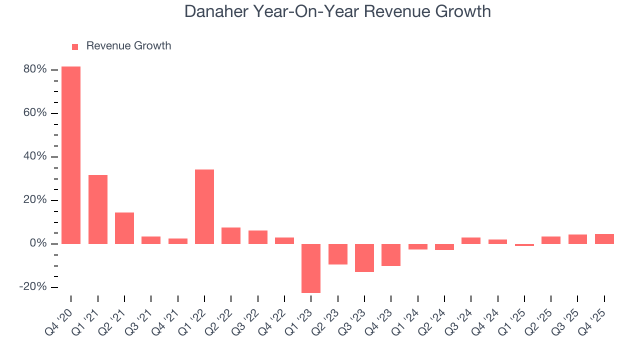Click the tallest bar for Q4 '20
click(71, 155)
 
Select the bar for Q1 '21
click(98, 209)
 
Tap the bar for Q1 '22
click(204, 206)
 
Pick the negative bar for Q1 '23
click(311, 268)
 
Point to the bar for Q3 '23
click(364, 258)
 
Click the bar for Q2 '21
click(124, 228)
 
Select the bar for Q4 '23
click(391, 255)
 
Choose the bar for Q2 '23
click(338, 254)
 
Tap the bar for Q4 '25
click(604, 239)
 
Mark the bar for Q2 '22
click(231, 235)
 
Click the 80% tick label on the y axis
click(35, 69)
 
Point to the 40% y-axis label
click(35, 157)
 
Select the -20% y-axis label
click(33, 287)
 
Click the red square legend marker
click(75, 46)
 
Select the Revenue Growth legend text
click(128, 46)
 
